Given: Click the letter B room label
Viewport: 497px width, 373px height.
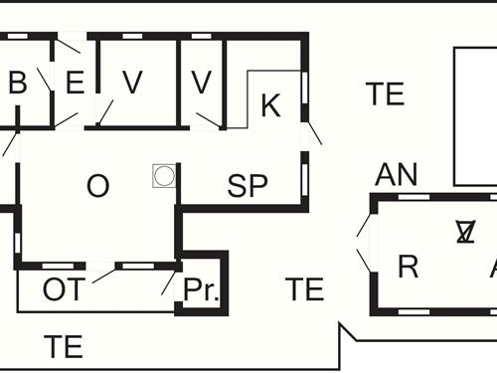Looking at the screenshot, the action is tap(17, 83).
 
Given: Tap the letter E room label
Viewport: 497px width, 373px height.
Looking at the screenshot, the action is tap(75, 83).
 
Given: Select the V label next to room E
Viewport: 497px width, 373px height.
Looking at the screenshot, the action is tap(132, 83).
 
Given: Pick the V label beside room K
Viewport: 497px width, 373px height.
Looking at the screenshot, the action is tap(202, 83).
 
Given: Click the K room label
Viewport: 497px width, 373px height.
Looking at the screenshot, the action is tap(270, 105).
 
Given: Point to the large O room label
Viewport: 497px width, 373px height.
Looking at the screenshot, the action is tap(97, 186).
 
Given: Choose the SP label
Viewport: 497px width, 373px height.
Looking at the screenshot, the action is tap(248, 186).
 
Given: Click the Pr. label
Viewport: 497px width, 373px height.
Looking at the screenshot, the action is tap(202, 290).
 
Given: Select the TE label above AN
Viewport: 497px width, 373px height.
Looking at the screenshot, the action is tap(385, 94).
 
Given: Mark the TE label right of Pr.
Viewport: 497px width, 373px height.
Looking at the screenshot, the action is tap(304, 289).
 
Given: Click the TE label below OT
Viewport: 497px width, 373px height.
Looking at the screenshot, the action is tap(64, 347).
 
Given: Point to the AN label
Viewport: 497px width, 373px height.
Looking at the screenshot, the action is tap(396, 175).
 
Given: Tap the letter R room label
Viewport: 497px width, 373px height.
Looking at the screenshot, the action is tap(407, 267).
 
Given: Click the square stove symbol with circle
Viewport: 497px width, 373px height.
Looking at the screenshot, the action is tap(164, 176).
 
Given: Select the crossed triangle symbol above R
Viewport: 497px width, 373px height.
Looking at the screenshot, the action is tap(464, 231).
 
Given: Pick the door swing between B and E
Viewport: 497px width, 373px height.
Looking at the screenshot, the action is tap(46, 78).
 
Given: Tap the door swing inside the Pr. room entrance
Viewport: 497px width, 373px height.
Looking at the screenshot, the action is tap(168, 281).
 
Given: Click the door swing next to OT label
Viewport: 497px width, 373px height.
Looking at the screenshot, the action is tap(103, 276).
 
